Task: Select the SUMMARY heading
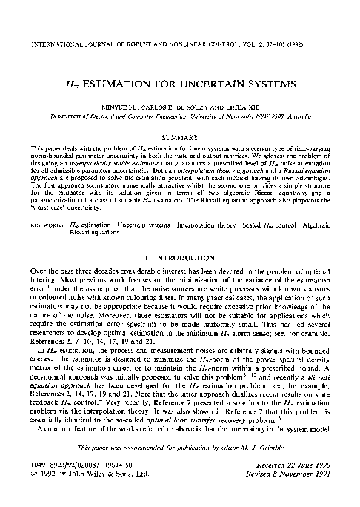(179, 139)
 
